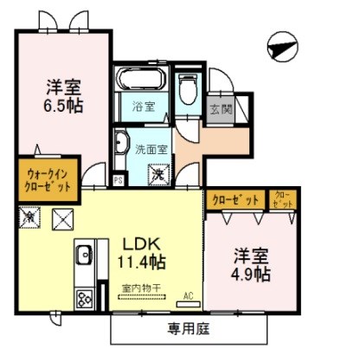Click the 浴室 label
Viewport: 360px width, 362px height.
coord(144,107)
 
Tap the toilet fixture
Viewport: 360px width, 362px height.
coord(188,91)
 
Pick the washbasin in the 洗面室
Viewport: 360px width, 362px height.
coord(121,145)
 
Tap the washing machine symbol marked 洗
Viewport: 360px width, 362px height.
coord(158,176)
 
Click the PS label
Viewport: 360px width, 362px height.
coord(118,180)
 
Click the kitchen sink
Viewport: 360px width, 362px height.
coord(84,255)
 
